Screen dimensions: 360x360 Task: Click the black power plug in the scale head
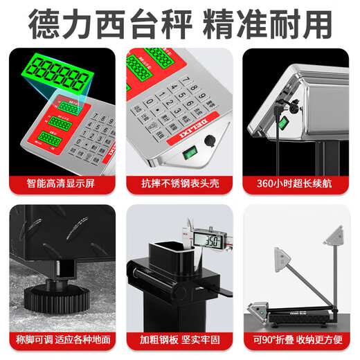tap(278, 107)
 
